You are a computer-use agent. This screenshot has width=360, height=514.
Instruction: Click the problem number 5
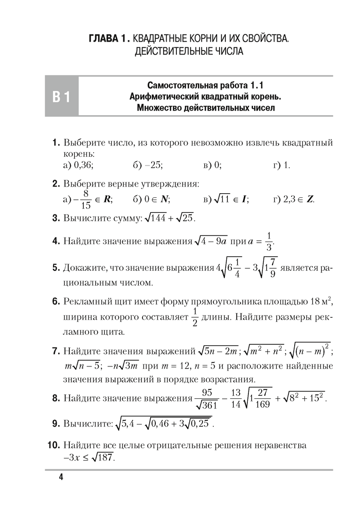(x=57, y=268)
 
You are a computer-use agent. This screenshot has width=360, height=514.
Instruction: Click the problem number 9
(x=57, y=424)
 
